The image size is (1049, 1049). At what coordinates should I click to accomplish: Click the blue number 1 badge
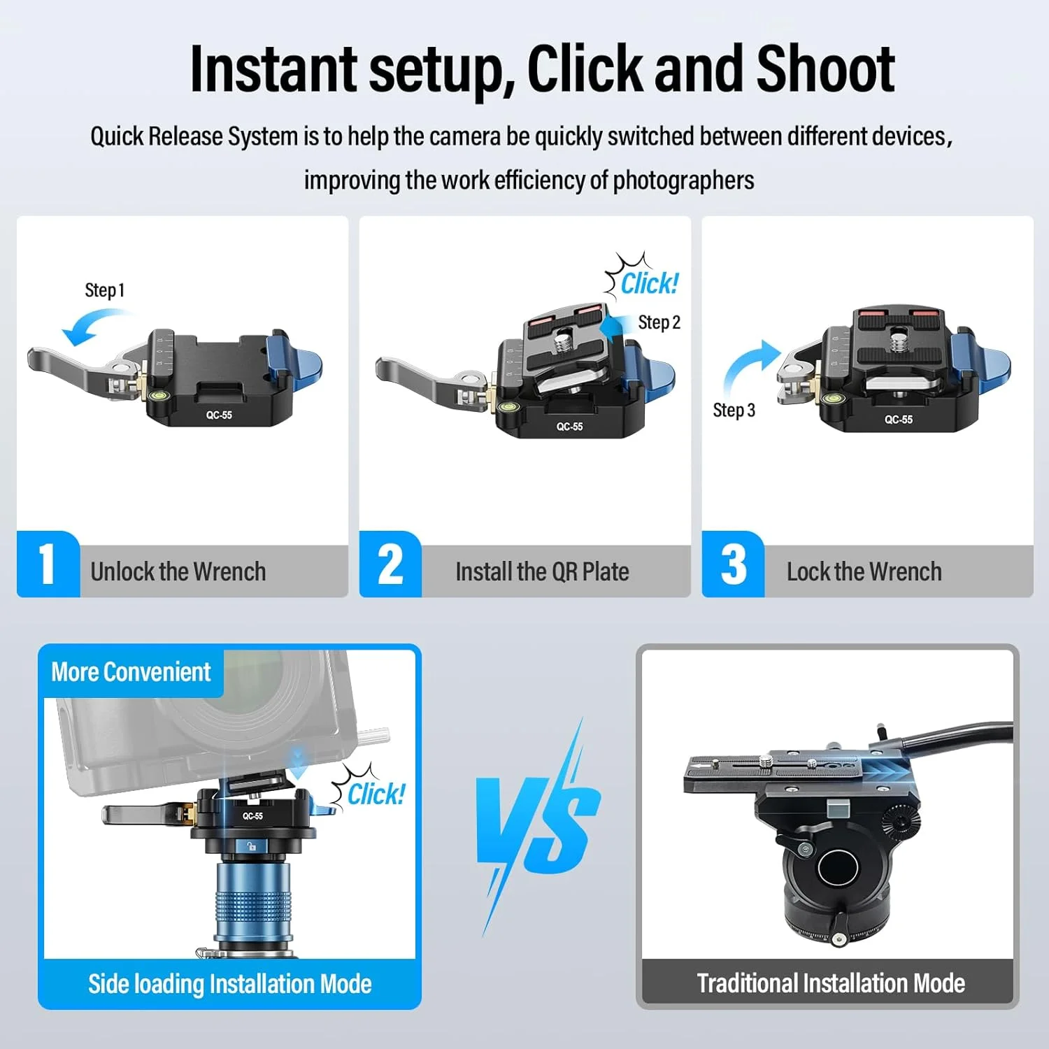click(x=48, y=564)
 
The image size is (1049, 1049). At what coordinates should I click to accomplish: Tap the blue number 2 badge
click(x=390, y=564)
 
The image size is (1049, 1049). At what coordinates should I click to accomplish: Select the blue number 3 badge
click(x=733, y=564)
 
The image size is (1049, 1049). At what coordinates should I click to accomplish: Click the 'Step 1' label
click(x=105, y=290)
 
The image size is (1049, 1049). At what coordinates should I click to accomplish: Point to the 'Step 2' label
click(x=659, y=322)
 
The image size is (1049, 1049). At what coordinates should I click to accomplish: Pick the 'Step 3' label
click(x=734, y=410)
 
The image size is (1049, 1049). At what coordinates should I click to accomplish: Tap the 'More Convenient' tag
click(x=131, y=672)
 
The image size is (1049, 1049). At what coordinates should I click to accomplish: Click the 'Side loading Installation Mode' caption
click(x=229, y=984)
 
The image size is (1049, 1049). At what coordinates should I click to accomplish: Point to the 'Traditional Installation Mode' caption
click(x=831, y=983)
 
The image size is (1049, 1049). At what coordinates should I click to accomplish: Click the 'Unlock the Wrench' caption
click(x=178, y=572)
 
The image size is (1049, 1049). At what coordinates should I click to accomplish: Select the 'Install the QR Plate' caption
click(x=542, y=572)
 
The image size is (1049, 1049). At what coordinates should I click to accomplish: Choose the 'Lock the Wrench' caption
click(x=864, y=572)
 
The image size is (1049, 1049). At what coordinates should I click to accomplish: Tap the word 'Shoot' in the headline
click(x=825, y=69)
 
